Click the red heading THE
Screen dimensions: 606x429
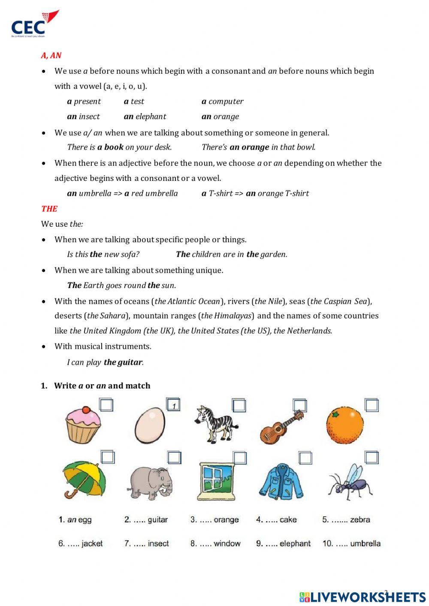point(49,209)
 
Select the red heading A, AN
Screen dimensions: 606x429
point(51,55)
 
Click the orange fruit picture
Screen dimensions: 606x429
point(344,425)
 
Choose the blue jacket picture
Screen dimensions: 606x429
point(281,481)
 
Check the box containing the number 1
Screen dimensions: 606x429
point(173,405)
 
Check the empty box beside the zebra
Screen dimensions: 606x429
point(239,405)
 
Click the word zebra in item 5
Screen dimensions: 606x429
point(360,520)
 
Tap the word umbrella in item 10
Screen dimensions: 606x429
point(365,543)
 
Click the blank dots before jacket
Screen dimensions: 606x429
point(73,544)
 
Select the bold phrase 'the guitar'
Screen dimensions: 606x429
point(123,363)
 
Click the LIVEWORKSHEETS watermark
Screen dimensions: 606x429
point(363,597)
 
